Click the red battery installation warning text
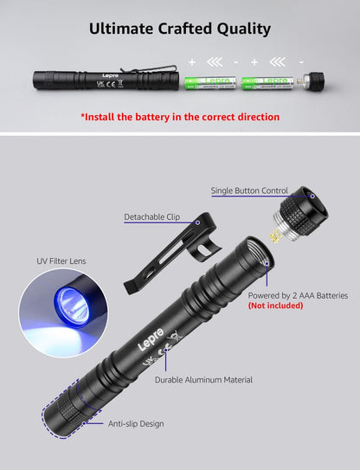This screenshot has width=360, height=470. (180, 116)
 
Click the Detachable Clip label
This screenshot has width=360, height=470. (152, 216)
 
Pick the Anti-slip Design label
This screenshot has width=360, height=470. (136, 423)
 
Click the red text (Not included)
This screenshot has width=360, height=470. (275, 306)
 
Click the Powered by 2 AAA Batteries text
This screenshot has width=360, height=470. (298, 295)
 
